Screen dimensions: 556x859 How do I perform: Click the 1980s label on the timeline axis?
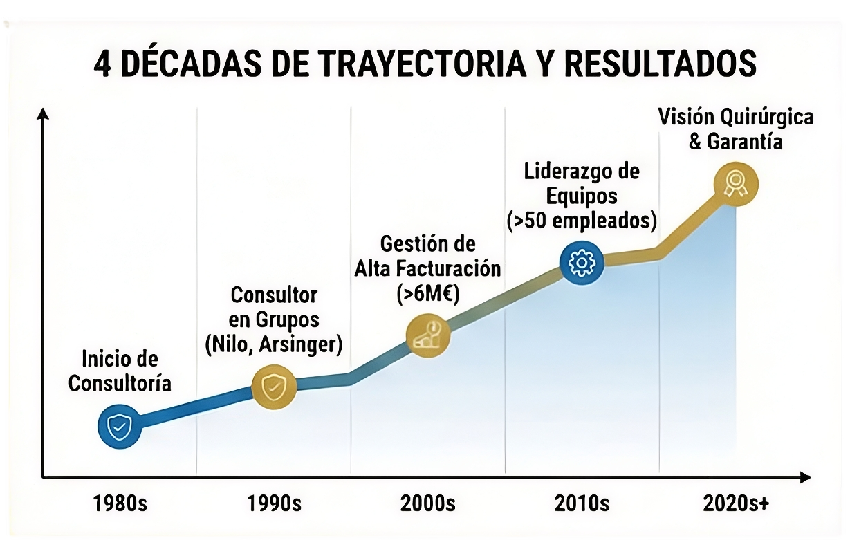(x=120, y=503)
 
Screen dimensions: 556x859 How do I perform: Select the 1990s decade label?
(x=274, y=503)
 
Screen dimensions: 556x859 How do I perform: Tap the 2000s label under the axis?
(x=427, y=503)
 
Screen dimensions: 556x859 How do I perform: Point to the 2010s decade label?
(x=582, y=503)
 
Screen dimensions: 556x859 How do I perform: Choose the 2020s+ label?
(x=736, y=503)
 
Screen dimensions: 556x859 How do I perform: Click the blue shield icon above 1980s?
(x=120, y=427)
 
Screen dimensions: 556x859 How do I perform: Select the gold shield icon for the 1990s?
(x=274, y=387)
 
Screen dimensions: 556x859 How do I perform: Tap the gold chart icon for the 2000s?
(x=428, y=335)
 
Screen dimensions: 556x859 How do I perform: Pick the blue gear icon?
(x=582, y=263)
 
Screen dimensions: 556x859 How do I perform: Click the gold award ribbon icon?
(x=736, y=184)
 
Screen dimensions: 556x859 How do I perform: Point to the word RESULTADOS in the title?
(x=661, y=64)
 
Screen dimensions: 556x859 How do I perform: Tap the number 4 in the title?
(x=102, y=64)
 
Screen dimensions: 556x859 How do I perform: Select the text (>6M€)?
(x=428, y=293)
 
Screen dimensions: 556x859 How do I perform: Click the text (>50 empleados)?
(x=582, y=221)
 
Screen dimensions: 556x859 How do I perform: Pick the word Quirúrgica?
(x=765, y=117)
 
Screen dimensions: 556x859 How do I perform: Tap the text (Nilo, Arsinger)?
(x=274, y=344)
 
